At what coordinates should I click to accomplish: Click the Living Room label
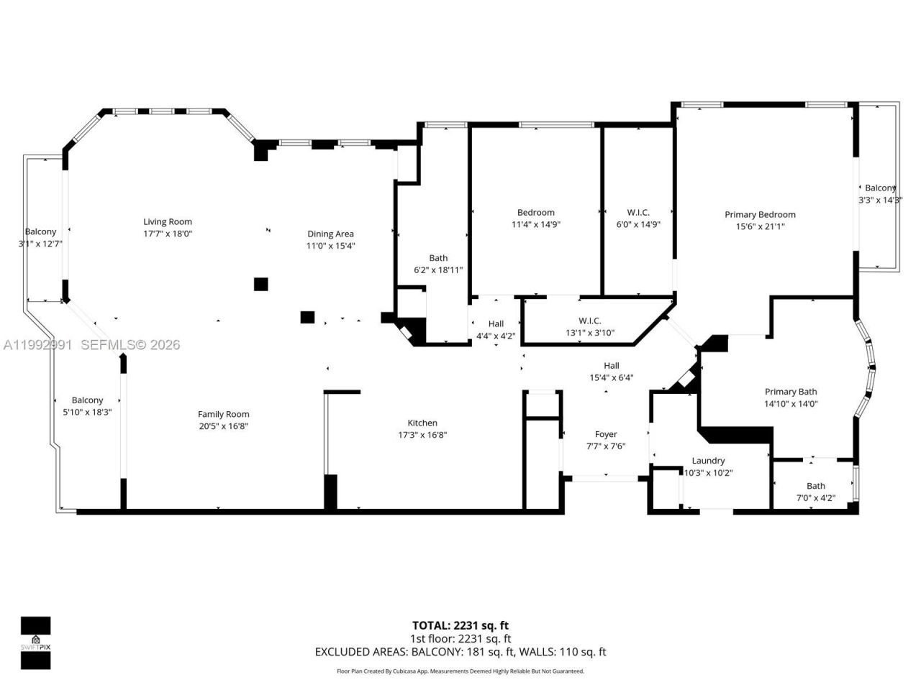pyautogui.click(x=168, y=221)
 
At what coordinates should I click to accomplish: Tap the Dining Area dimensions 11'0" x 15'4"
pyautogui.click(x=330, y=246)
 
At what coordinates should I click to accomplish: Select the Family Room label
pyautogui.click(x=223, y=414)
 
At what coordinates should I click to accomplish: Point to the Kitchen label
pyautogui.click(x=422, y=423)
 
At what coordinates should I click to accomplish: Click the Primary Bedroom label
pyautogui.click(x=760, y=214)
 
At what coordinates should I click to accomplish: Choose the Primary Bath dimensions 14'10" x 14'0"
pyautogui.click(x=790, y=404)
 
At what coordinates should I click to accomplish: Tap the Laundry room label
pyautogui.click(x=708, y=461)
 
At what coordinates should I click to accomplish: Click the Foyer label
pyautogui.click(x=606, y=434)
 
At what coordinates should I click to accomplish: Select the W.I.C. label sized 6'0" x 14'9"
pyautogui.click(x=638, y=213)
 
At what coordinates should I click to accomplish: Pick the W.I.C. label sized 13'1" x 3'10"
pyautogui.click(x=589, y=321)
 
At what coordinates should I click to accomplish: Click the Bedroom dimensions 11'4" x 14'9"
pyautogui.click(x=535, y=224)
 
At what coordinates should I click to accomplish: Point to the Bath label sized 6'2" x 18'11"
pyautogui.click(x=438, y=258)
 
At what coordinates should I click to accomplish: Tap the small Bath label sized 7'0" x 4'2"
pyautogui.click(x=816, y=486)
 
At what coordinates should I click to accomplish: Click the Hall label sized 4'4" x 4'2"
pyautogui.click(x=496, y=324)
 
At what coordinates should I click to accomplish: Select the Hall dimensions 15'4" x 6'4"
pyautogui.click(x=611, y=378)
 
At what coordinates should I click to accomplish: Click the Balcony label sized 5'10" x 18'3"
pyautogui.click(x=87, y=400)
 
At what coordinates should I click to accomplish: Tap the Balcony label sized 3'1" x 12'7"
pyautogui.click(x=40, y=231)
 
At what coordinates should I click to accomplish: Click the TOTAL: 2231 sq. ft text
pyautogui.click(x=460, y=625)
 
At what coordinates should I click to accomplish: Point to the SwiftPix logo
pyautogui.click(x=35, y=643)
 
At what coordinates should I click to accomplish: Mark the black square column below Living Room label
pyautogui.click(x=261, y=284)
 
